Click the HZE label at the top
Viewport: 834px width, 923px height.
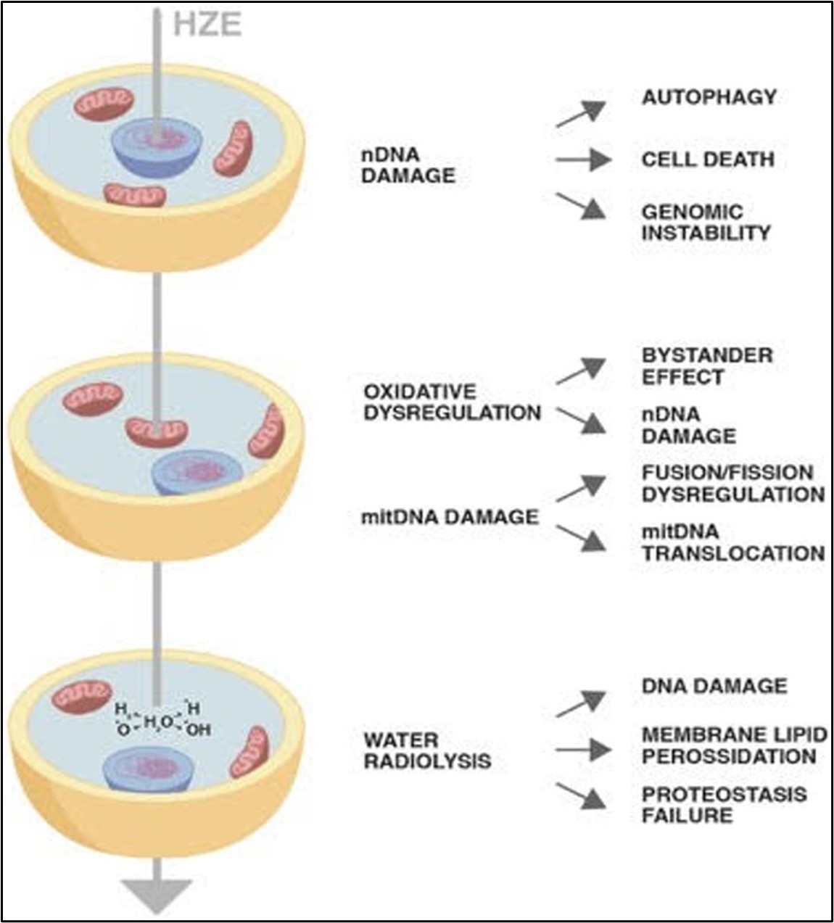coord(207,25)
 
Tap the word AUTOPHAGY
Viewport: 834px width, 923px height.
coord(709,97)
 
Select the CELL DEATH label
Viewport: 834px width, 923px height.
coord(707,160)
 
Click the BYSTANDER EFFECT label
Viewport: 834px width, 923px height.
coord(707,366)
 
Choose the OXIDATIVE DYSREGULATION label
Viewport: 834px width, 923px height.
coord(452,402)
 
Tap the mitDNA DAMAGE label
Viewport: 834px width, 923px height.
coord(450,517)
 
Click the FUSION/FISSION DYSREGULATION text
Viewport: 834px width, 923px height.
coord(732,484)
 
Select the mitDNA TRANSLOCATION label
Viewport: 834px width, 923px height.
coord(732,543)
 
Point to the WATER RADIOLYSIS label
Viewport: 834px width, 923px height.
coord(427,750)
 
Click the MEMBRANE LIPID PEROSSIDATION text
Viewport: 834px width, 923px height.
coord(733,745)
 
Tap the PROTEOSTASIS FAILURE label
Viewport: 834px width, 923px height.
coord(723,805)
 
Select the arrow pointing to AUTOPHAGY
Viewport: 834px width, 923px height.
coord(581,115)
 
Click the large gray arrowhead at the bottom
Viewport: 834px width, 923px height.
coord(157,895)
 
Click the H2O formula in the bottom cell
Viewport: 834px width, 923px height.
coord(157,721)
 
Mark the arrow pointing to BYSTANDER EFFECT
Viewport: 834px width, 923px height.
coord(581,371)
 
